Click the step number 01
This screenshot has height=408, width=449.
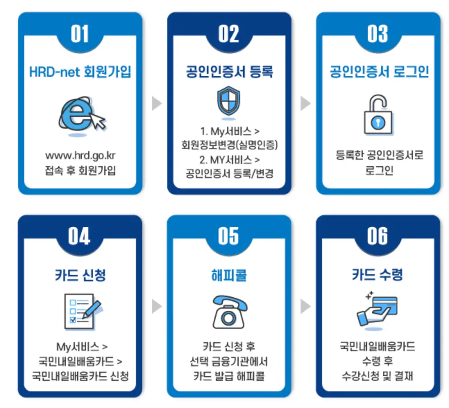[x=79, y=34]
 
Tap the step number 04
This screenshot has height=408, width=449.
[x=79, y=236]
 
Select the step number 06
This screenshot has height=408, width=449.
[x=377, y=236]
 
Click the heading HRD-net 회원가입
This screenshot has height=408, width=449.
[x=80, y=72]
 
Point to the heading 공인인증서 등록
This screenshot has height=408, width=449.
[x=229, y=72]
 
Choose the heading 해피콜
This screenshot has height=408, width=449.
[x=229, y=274]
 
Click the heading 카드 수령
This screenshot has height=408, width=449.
[x=378, y=274]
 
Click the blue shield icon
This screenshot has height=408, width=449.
[x=229, y=102]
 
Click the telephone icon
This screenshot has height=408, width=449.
[x=229, y=312]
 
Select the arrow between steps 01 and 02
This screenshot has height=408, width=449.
[x=156, y=103]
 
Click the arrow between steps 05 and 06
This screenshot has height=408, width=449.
[x=305, y=306]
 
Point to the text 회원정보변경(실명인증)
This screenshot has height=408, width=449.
[x=229, y=145]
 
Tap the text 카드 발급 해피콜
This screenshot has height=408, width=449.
[x=229, y=376]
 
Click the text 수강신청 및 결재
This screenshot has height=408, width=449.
[x=377, y=376]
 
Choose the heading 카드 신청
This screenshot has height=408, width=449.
[x=80, y=274]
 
